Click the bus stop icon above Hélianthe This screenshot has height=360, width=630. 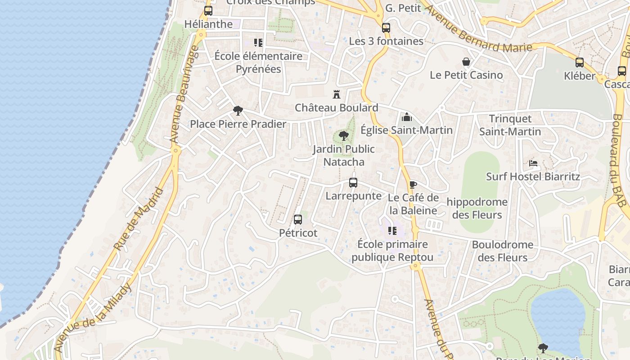pos(208,11)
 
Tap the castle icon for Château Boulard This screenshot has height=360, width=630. pos(336,94)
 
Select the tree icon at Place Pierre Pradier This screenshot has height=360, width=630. pos(238,110)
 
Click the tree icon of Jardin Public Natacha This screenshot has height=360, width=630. pos(343,135)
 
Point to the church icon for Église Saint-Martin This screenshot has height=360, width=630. pos(407,117)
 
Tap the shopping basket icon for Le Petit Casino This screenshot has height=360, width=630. pos(466,62)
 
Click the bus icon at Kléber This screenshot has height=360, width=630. pos(580,63)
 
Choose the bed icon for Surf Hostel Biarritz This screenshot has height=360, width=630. pos(533,163)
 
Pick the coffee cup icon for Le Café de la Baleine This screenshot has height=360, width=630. pos(413,184)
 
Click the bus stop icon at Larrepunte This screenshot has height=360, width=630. pos(353,183)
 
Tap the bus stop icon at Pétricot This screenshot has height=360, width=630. pos(298,220)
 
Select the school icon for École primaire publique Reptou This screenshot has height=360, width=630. pos(392,231)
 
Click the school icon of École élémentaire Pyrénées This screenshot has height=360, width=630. pos(258,43)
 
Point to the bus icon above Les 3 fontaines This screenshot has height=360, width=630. pos(386,28)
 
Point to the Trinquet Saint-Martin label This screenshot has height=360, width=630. pos(510,125)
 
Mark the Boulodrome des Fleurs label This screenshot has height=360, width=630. pos(502,251)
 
